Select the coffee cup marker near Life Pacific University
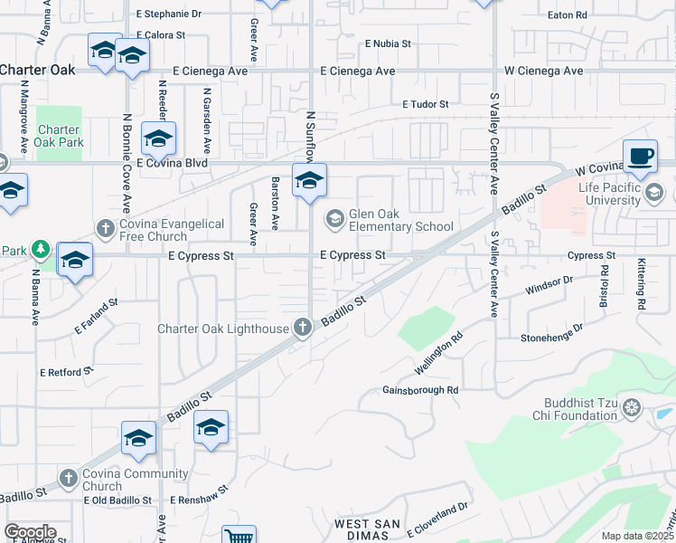[x=640, y=156]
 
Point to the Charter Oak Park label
[x=58, y=136]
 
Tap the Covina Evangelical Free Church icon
[x=105, y=228]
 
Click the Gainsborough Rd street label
[x=421, y=390]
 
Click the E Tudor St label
[x=426, y=105]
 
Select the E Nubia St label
[x=388, y=43]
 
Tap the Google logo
[x=30, y=532]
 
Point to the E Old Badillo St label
[x=117, y=500]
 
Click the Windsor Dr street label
[x=549, y=281]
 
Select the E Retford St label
[x=67, y=372]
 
